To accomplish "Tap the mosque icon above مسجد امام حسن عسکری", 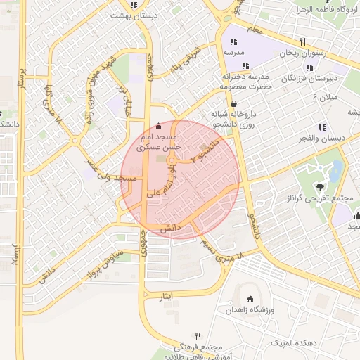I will (166, 127).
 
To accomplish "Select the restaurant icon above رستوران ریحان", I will (302, 41).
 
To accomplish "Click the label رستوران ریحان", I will (302, 53).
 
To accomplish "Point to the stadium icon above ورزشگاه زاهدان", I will (250, 298).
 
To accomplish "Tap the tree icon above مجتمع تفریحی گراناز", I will (321, 187).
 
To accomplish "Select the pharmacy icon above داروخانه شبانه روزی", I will (233, 102).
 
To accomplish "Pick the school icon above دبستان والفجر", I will (321, 127).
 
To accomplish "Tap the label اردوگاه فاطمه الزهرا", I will (327, 12).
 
